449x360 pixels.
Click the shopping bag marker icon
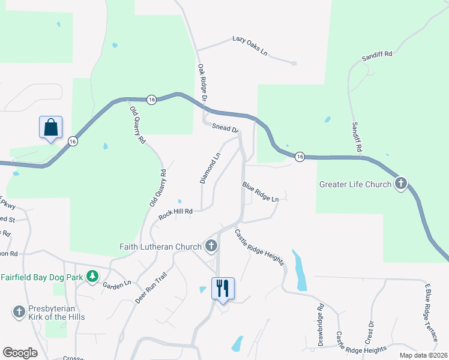point(51,128)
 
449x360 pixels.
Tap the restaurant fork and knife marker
point(223,289)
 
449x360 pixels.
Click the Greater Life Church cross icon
point(401,184)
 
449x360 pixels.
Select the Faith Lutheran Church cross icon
point(211,246)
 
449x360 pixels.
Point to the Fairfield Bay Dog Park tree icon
point(92,277)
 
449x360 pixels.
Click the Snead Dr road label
point(226,128)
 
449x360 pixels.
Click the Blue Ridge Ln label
point(261,192)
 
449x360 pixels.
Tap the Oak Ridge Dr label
point(202,82)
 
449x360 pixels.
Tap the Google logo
point(20,352)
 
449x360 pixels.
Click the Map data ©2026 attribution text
point(423,355)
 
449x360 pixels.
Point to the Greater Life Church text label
point(355,184)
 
